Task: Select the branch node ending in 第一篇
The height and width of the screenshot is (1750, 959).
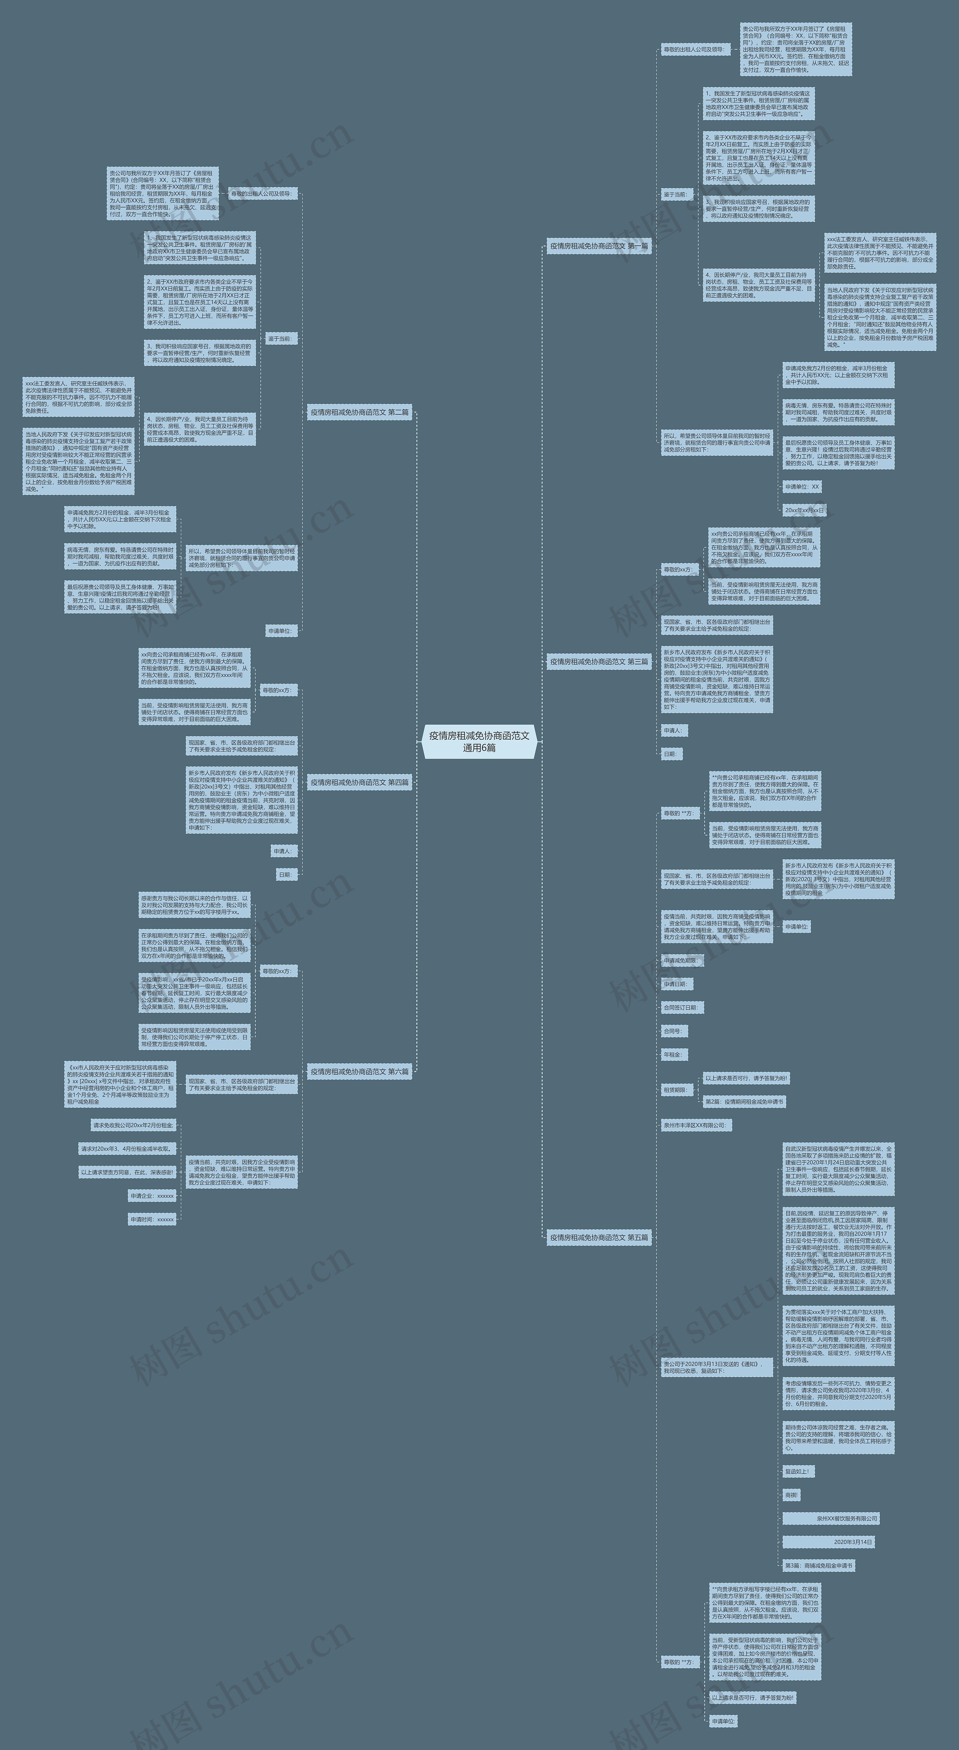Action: coord(598,246)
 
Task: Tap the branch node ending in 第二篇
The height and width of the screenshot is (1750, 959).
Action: coord(359,412)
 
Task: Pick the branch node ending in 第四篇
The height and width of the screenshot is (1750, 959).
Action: coord(359,783)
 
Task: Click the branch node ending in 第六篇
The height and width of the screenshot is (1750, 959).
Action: coord(359,1072)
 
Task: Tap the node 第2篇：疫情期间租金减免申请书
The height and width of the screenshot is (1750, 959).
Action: coord(744,1102)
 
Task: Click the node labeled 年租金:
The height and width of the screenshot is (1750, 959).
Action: coord(674,1054)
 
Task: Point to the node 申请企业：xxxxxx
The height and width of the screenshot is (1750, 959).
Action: coord(152,1196)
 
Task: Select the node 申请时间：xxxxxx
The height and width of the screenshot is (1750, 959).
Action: coord(152,1219)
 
